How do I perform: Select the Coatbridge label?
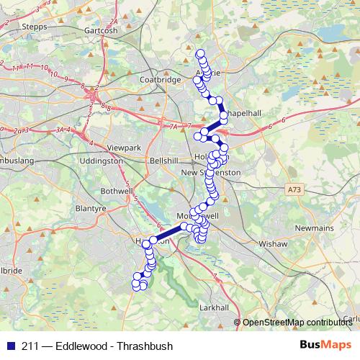point(160,79)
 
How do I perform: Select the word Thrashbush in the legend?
point(147,346)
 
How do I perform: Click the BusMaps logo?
point(323,346)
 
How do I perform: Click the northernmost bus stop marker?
point(201,53)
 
